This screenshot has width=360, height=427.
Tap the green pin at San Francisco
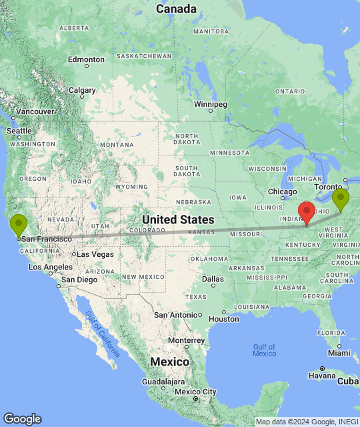(19, 224)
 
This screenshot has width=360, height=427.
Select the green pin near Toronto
(341, 199)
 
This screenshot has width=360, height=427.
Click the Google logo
(22, 419)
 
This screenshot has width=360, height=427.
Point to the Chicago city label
(283, 192)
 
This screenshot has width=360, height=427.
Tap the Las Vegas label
(94, 254)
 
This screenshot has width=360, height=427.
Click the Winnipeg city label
(211, 105)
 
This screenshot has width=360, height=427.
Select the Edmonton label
(86, 60)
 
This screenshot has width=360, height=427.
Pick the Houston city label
(223, 318)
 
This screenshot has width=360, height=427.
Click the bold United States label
(178, 220)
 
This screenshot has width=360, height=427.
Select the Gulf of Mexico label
(265, 350)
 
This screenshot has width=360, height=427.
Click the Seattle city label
(19, 131)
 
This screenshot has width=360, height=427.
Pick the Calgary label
(82, 90)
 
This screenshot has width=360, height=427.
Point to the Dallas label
(213, 278)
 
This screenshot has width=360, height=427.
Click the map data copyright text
(306, 422)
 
